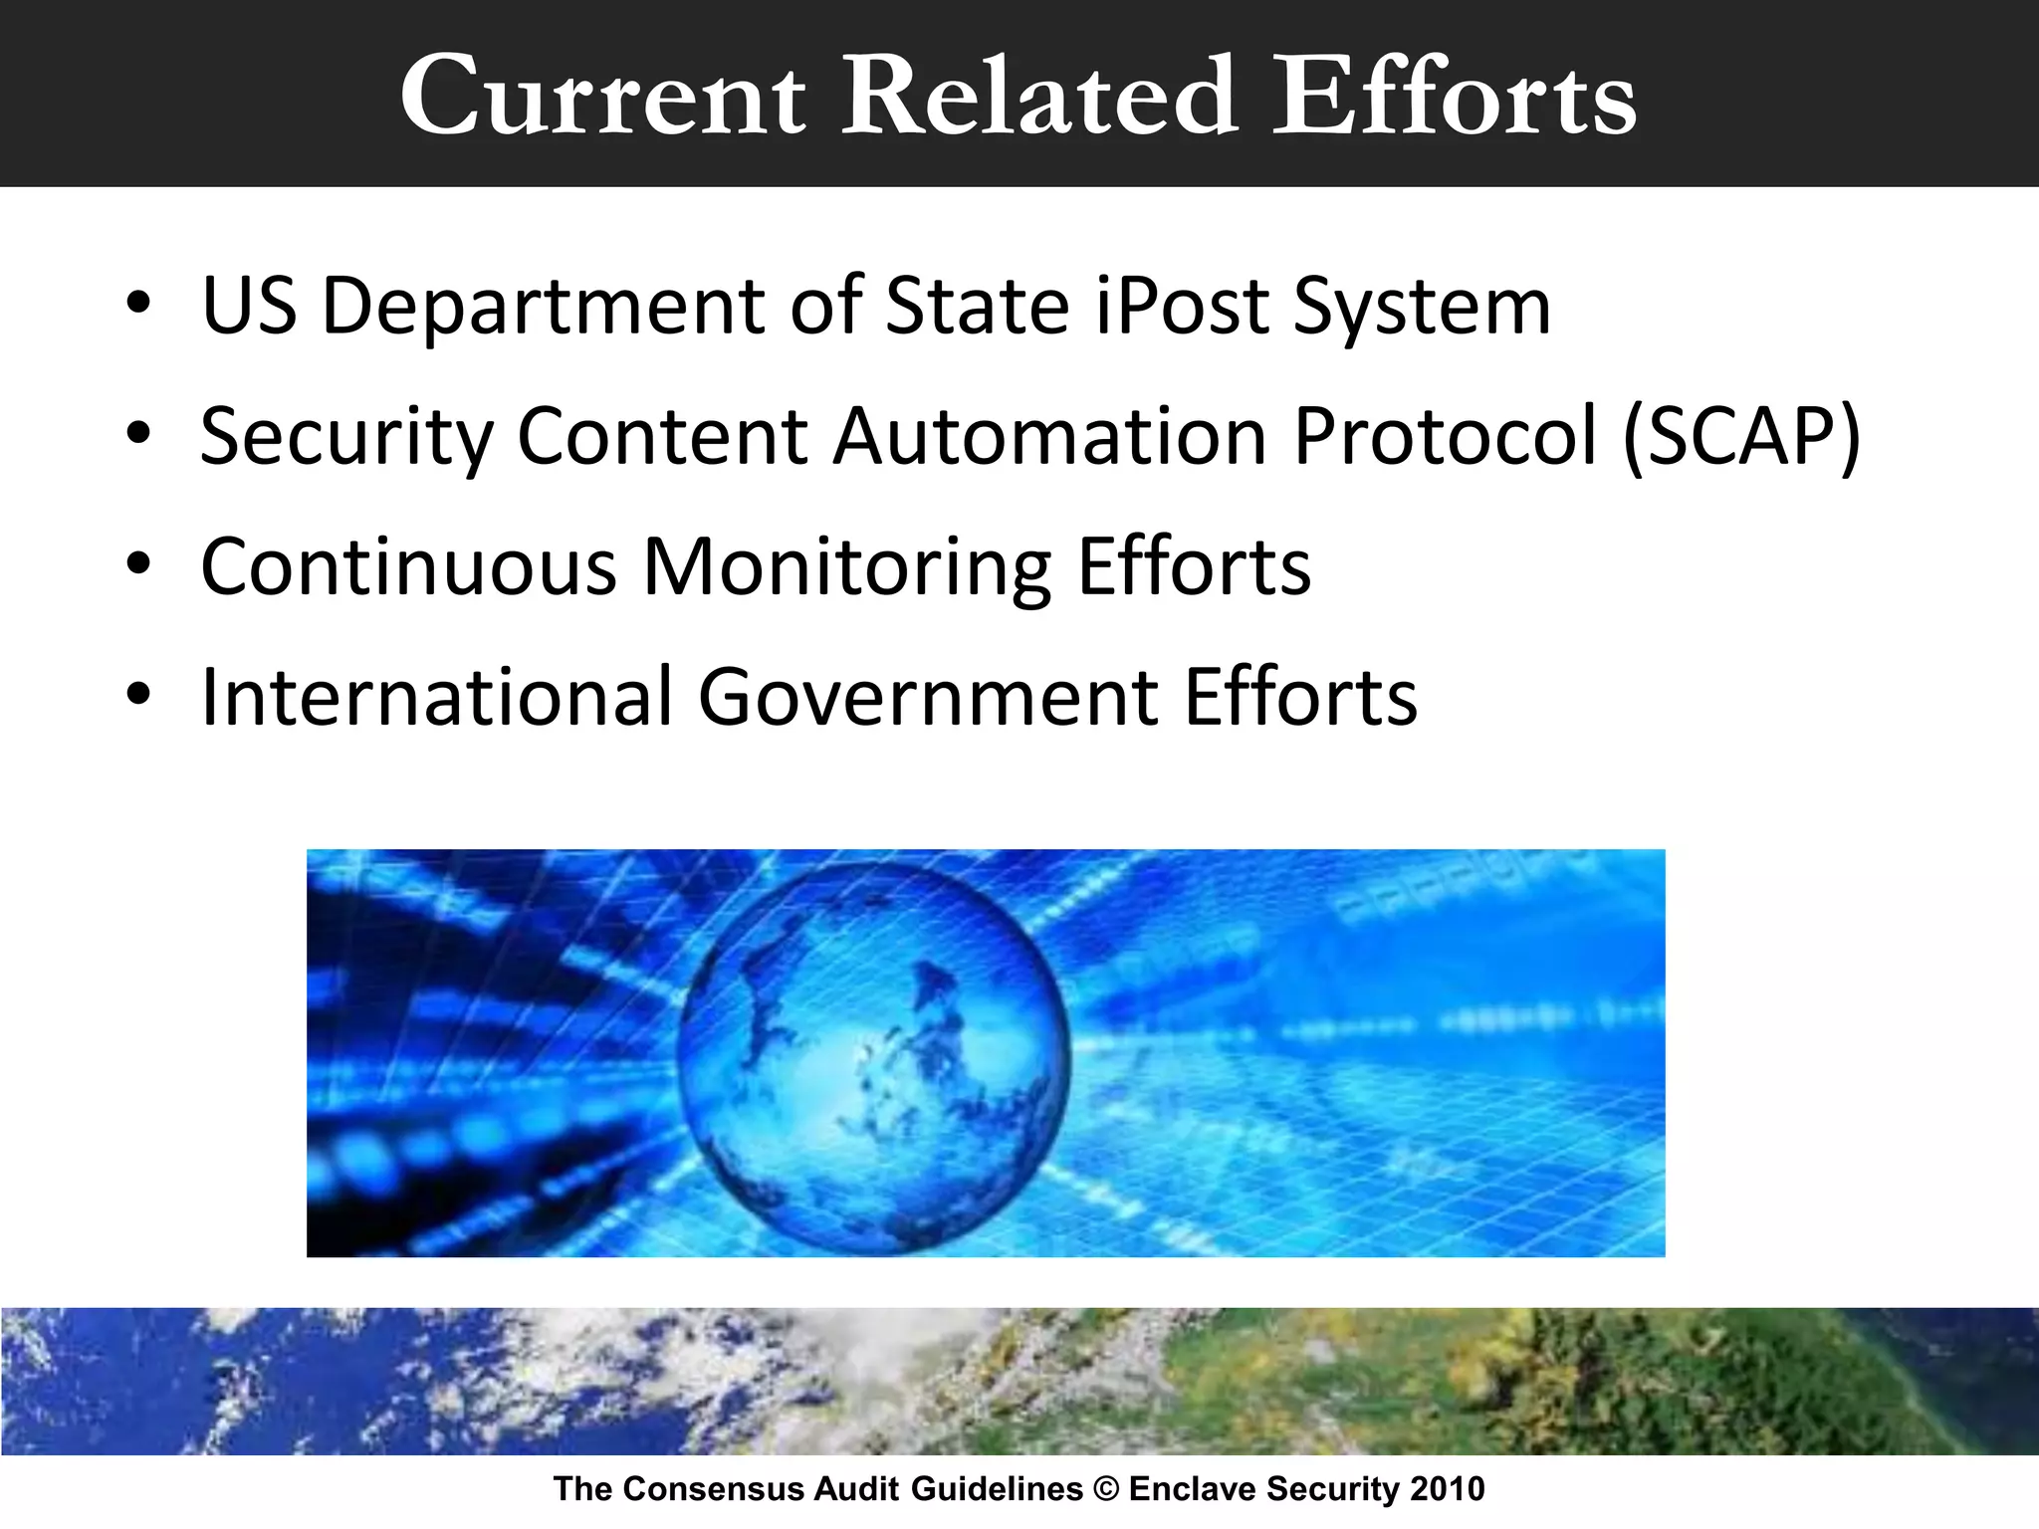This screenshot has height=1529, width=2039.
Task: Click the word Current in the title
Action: point(602,98)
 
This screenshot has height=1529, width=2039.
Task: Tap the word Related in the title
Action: point(1039,98)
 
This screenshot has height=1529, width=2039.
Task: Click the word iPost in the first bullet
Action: point(1180,307)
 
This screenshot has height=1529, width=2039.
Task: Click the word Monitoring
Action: point(846,567)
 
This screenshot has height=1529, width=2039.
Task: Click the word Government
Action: point(928,696)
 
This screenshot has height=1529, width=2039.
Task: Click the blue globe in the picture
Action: point(874,1055)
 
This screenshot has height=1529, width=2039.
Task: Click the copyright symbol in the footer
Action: point(1105,1489)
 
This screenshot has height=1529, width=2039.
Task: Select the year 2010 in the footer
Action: point(1447,1489)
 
